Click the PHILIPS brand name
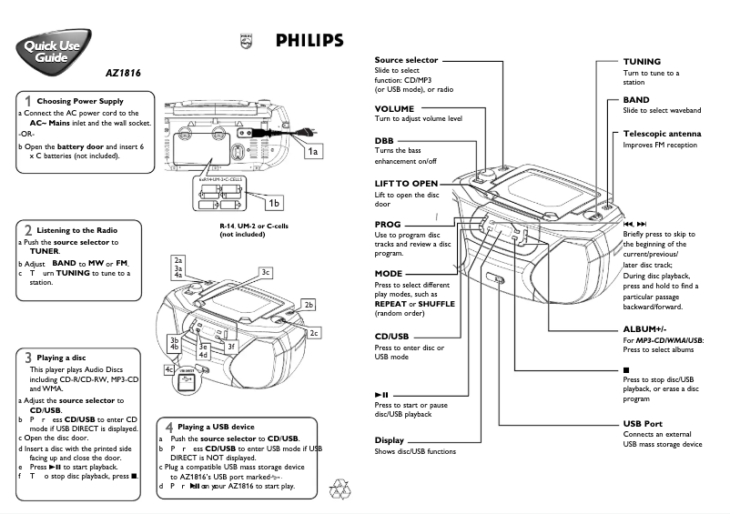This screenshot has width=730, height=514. [x=309, y=41]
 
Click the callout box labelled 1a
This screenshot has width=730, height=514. [x=313, y=151]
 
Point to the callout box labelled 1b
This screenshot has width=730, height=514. [x=273, y=202]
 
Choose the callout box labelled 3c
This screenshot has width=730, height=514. [x=266, y=272]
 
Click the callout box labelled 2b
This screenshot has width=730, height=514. [x=309, y=305]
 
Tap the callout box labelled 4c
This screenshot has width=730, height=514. [x=169, y=369]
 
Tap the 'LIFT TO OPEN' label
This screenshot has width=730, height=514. [x=406, y=184]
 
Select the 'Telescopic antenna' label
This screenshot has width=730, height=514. [x=662, y=134]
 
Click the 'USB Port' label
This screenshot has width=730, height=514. [x=643, y=424]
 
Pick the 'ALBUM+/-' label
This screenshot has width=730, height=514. [x=644, y=328]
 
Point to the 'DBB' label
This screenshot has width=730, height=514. [x=384, y=141]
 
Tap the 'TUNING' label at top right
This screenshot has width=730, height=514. [x=642, y=61]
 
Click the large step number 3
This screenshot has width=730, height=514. [x=29, y=358]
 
